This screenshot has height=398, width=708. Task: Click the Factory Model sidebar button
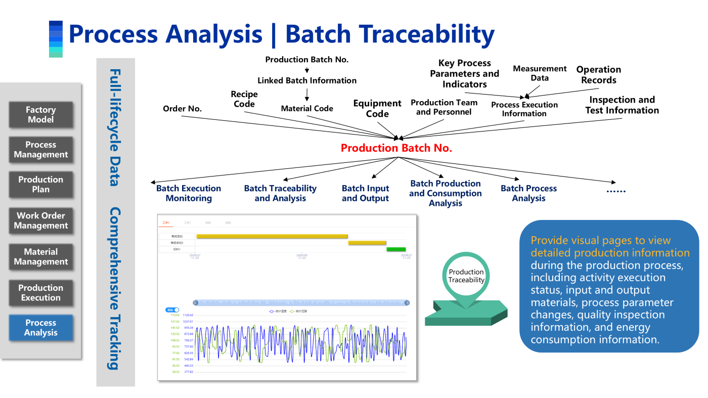point(41,115)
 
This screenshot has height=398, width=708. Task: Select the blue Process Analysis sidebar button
point(41,328)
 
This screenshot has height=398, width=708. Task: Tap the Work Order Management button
point(41,220)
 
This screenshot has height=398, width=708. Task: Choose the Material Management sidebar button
point(41,257)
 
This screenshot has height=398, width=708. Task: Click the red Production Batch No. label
point(396,148)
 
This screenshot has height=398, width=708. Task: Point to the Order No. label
point(182,109)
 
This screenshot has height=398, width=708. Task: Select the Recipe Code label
point(244,99)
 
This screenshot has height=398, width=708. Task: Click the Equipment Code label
point(377,109)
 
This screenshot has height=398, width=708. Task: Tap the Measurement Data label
point(540,73)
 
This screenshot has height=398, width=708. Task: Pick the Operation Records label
point(598,75)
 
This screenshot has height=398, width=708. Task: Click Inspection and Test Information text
point(622,105)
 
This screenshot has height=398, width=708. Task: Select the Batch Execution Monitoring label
point(189,193)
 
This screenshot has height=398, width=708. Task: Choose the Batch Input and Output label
point(365,193)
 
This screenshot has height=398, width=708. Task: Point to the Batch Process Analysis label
point(528,193)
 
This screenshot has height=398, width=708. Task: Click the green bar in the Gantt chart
point(396,249)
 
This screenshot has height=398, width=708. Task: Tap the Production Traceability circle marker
point(466,276)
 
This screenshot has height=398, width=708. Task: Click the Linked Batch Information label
point(307,80)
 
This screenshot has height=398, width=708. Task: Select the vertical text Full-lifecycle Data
point(115,127)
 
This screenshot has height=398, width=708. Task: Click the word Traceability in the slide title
point(389,34)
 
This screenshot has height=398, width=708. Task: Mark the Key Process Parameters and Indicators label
point(464,74)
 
